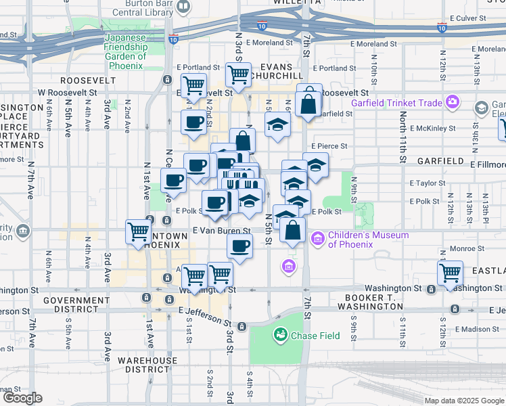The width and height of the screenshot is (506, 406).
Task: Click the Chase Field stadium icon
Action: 280,335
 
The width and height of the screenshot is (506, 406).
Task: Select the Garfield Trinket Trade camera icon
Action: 452,104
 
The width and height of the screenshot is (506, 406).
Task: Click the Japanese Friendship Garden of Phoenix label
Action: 125,51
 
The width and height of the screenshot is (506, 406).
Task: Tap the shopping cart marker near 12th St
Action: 450,273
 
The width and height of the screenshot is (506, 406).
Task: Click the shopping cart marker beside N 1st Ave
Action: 139,231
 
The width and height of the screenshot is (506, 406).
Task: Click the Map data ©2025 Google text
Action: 463,401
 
